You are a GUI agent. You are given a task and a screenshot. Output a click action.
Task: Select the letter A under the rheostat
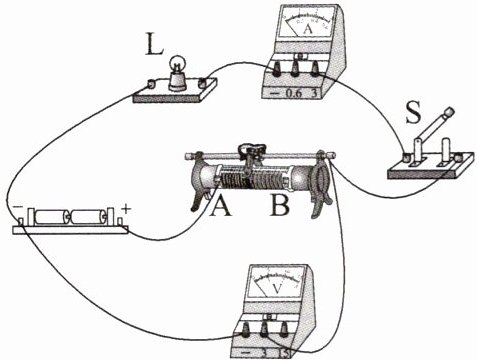pos(220,205)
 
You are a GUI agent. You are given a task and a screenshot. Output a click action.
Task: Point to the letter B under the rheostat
pos(280,205)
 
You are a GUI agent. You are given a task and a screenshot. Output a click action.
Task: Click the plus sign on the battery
pos(125,209)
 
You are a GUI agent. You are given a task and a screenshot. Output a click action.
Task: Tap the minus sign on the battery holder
pos(17,207)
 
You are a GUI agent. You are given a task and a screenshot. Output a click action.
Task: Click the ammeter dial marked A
pos(308,21)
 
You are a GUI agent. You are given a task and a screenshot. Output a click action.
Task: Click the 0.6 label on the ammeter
pos(294,94)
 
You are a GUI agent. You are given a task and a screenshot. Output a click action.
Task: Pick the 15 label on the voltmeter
pos(285,353)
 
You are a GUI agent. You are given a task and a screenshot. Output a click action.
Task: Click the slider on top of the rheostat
pos(252,151)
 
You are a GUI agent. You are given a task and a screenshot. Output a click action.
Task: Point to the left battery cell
pos(51,217)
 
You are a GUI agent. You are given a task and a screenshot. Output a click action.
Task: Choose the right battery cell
pos(88,217)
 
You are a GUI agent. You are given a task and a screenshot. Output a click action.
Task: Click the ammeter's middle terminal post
pos(295,69)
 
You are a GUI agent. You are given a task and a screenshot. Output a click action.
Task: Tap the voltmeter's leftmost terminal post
pos(246,331)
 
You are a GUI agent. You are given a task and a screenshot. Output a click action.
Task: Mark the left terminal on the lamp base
pos(151,84)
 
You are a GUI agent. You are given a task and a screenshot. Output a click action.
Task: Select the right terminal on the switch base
pos(460,157)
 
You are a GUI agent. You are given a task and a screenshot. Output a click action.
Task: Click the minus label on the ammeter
pos(274,94)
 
